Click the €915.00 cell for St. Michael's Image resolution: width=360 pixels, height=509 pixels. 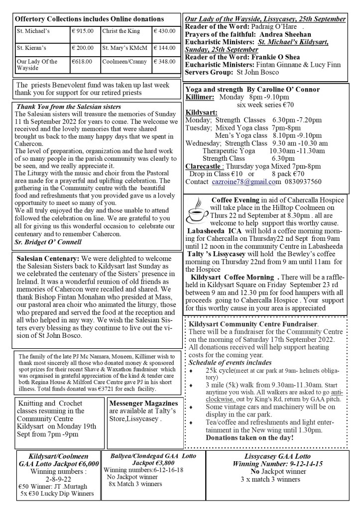click(83, 31)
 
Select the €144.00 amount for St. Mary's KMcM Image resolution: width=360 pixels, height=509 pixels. click(164, 48)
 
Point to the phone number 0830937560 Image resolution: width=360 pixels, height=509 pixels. click(299, 182)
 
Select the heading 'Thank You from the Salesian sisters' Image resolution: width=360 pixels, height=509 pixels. click(68, 106)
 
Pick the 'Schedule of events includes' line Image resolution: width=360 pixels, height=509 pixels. click(230, 363)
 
